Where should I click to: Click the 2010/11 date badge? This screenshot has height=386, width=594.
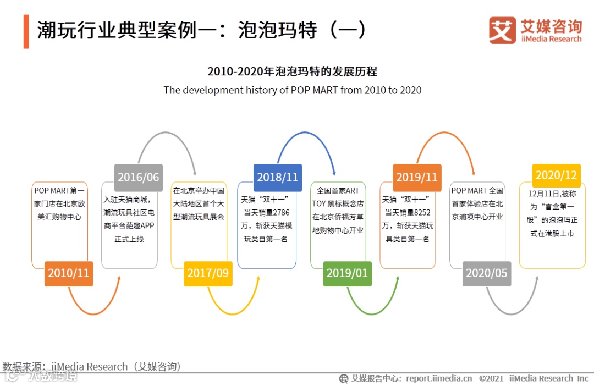click(68, 273)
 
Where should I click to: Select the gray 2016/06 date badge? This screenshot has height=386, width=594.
click(138, 177)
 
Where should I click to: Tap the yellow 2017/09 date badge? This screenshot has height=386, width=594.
click(208, 273)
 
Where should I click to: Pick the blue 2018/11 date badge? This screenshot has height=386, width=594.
click(277, 177)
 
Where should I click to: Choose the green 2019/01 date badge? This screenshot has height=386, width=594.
click(346, 273)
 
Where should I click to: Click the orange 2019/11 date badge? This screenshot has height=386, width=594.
click(417, 177)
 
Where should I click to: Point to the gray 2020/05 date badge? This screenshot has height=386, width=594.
click(486, 273)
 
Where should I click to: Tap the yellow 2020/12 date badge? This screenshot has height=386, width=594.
click(556, 175)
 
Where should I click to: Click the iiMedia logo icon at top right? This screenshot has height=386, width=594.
click(502, 30)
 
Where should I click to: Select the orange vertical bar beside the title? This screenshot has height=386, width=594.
click(26, 31)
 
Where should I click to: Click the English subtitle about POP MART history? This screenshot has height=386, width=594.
click(292, 90)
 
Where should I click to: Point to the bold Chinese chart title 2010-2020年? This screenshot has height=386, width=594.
click(292, 71)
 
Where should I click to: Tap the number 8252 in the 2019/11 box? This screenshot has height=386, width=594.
click(421, 212)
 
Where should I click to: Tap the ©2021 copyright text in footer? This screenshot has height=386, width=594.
click(491, 378)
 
